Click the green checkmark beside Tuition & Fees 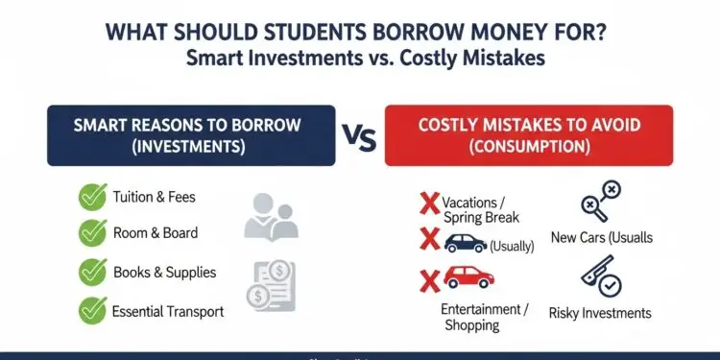pyautogui.click(x=93, y=197)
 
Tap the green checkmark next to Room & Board pyautogui.click(x=93, y=233)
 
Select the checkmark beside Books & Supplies pyautogui.click(x=93, y=272)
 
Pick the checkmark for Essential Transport pyautogui.click(x=93, y=310)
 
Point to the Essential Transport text pyautogui.click(x=169, y=311)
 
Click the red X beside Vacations pyautogui.click(x=429, y=204)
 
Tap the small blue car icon pyautogui.click(x=466, y=244)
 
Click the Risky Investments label pyautogui.click(x=600, y=313)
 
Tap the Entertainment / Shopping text pyautogui.click(x=485, y=317)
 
